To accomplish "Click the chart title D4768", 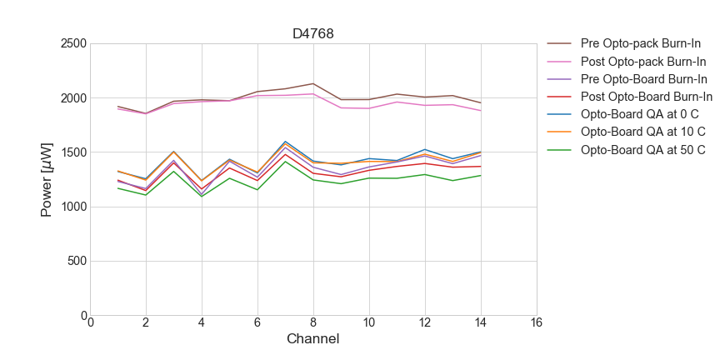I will [312, 34].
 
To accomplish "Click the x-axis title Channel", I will [312, 339].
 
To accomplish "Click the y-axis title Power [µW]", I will [47, 179].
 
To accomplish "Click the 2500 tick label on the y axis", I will [72, 43].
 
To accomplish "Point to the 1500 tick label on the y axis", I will [72, 152].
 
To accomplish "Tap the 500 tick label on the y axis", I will [77, 261].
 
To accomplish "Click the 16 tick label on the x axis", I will [536, 323].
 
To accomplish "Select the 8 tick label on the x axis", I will [313, 323].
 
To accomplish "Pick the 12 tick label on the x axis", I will [424, 323].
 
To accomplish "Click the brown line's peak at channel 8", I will [313, 83].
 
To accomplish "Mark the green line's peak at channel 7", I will [285, 161].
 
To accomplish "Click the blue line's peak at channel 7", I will [285, 142].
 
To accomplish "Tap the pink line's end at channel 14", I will [481, 111].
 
